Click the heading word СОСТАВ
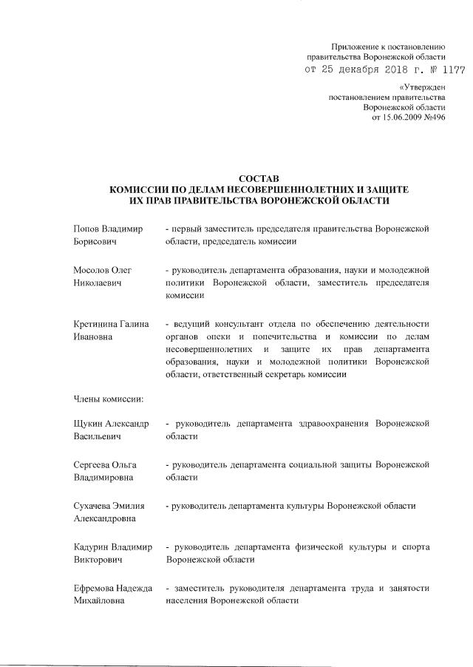pyautogui.click(x=259, y=179)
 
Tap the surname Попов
pyautogui.click(x=88, y=229)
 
